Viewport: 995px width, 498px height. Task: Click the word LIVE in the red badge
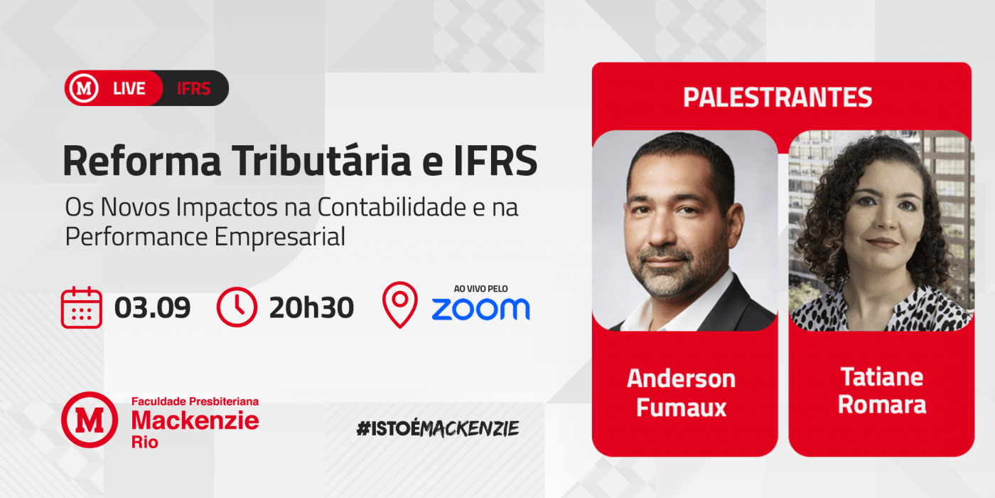pyautogui.click(x=129, y=88)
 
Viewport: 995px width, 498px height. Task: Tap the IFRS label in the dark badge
pyautogui.click(x=193, y=88)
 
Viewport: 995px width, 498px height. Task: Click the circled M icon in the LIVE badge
pyautogui.click(x=84, y=88)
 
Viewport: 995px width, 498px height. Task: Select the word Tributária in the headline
pyautogui.click(x=323, y=161)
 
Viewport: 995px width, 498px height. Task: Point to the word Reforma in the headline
pyautogui.click(x=141, y=161)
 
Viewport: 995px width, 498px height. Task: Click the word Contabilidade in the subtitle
pyautogui.click(x=392, y=207)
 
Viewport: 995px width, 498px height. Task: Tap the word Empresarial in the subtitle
pyautogui.click(x=280, y=236)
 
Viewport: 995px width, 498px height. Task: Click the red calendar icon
pyautogui.click(x=82, y=307)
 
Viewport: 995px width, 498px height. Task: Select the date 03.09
pyautogui.click(x=152, y=307)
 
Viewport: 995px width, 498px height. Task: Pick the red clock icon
pyautogui.click(x=237, y=307)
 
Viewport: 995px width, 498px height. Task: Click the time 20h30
pyautogui.click(x=311, y=307)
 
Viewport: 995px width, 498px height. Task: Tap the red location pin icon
pyautogui.click(x=399, y=304)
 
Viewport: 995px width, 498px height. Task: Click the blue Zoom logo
pyautogui.click(x=480, y=309)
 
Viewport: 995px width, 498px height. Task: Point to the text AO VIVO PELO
pyautogui.click(x=480, y=289)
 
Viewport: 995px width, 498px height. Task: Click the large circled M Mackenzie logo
pyautogui.click(x=90, y=420)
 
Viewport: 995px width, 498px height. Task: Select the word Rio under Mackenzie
pyautogui.click(x=145, y=443)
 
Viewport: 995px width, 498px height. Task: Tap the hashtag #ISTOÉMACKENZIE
pyautogui.click(x=438, y=428)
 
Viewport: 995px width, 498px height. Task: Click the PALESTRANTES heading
pyautogui.click(x=778, y=97)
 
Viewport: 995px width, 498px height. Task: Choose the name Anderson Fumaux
pyautogui.click(x=682, y=393)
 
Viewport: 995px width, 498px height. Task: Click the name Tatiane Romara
pyautogui.click(x=882, y=391)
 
